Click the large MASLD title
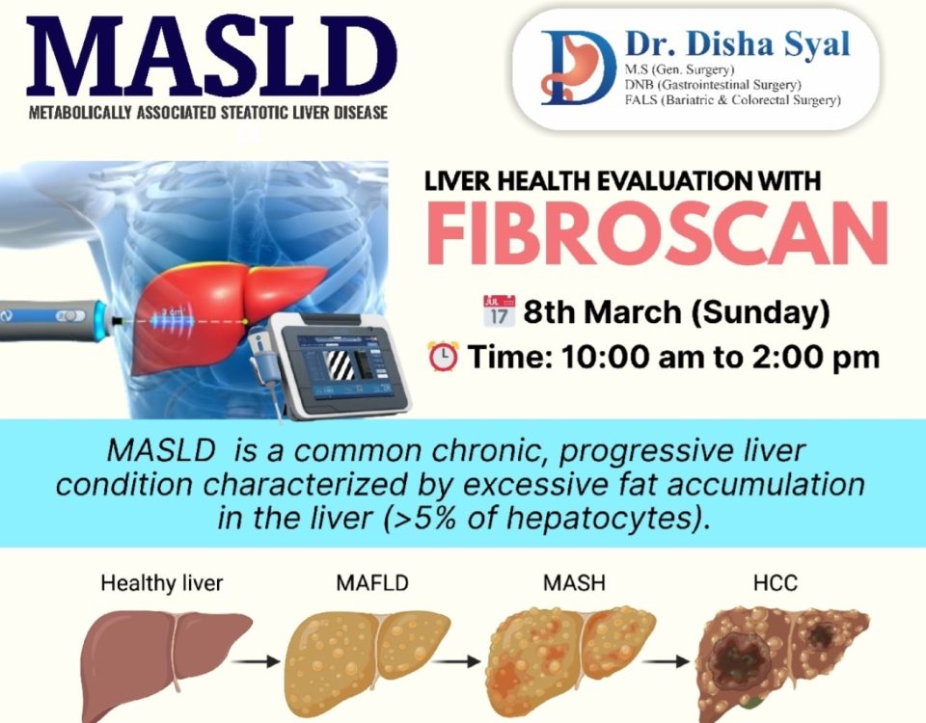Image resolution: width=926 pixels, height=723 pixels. pos(211,56)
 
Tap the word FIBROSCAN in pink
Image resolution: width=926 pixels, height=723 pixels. pos(657,233)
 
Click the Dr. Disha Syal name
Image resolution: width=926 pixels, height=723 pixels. pos(738,44)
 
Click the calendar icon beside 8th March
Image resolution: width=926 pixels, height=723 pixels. pos(499,310)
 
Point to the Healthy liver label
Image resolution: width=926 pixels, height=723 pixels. pos(162,584)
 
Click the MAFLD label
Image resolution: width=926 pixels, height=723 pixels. pos(372,583)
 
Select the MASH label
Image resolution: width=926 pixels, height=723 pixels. pos(574,583)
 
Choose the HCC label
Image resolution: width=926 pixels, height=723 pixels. pos(775,583)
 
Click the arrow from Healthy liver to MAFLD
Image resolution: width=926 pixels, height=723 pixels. pos(256,661)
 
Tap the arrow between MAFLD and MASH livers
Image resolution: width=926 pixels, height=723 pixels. pos(455,661)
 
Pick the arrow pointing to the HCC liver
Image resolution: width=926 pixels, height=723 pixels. pos(666,661)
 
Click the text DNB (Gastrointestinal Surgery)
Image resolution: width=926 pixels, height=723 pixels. pos(713,85)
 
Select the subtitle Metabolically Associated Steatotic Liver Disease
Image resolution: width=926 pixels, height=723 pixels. pos(208,112)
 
